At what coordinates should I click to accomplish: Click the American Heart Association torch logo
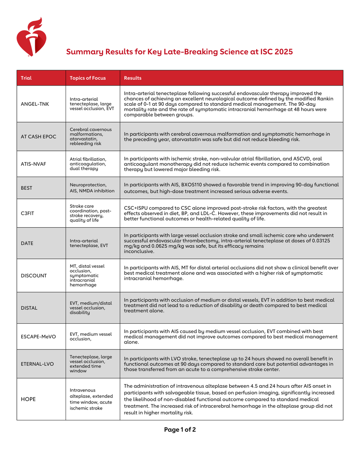[31, 37]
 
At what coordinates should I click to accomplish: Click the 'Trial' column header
[26, 78]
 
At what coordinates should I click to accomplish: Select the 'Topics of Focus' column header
[88, 78]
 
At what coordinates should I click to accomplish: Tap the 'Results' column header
[132, 78]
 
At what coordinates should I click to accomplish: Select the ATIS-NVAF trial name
[34, 164]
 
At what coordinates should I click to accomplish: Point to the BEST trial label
[26, 188]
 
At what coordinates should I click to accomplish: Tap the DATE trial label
[27, 243]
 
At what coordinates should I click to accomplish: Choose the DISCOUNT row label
[34, 276]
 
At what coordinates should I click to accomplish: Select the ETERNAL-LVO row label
[37, 364]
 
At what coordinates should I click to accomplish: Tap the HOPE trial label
[28, 399]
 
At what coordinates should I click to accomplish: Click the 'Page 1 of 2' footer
[180, 429]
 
